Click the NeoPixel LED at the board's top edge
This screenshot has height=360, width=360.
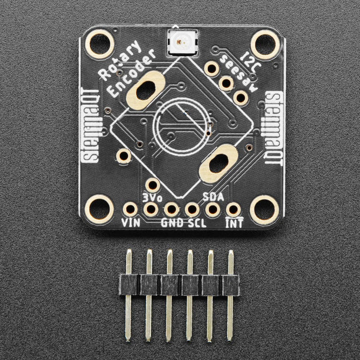(178, 42)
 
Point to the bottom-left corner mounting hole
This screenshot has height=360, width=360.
(99, 209)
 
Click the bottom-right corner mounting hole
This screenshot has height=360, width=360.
(264, 210)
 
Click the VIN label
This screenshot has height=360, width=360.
(130, 223)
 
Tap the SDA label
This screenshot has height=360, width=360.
(213, 196)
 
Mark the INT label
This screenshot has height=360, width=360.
(234, 223)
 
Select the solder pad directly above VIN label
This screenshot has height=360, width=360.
(130, 209)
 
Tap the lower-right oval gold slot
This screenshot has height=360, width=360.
(219, 164)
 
